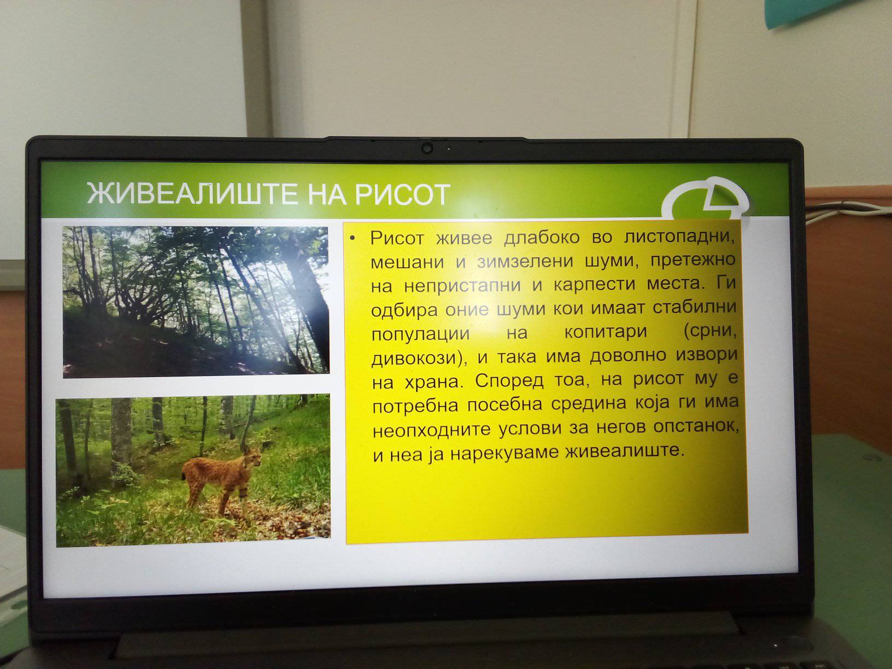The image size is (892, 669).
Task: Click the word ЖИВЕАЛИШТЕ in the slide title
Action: [191, 194]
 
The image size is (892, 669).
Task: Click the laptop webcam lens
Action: [427, 148]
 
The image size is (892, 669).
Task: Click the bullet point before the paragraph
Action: [353, 238]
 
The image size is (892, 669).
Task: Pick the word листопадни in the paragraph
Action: [679, 237]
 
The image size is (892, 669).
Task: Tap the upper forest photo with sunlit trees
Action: [196, 302]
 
